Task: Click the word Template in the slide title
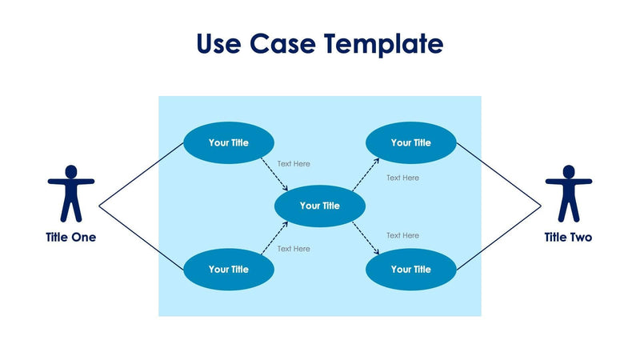pyautogui.click(x=383, y=44)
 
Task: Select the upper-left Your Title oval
pyautogui.click(x=229, y=143)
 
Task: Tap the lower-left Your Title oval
pyautogui.click(x=229, y=270)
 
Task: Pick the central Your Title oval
pyautogui.click(x=320, y=206)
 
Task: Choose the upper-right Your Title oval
pyautogui.click(x=411, y=143)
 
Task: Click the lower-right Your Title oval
pyautogui.click(x=411, y=270)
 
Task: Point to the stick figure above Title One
pyautogui.click(x=71, y=194)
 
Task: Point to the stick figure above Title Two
pyautogui.click(x=569, y=194)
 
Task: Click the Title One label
pyautogui.click(x=71, y=237)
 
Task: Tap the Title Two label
pyautogui.click(x=569, y=237)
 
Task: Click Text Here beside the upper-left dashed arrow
pyautogui.click(x=294, y=164)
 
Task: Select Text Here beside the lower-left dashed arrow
pyautogui.click(x=294, y=249)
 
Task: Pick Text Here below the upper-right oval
pyautogui.click(x=402, y=178)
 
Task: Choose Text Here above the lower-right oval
pyautogui.click(x=402, y=235)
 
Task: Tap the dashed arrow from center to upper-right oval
pyautogui.click(x=366, y=174)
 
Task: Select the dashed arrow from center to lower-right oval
pyautogui.click(x=366, y=238)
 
